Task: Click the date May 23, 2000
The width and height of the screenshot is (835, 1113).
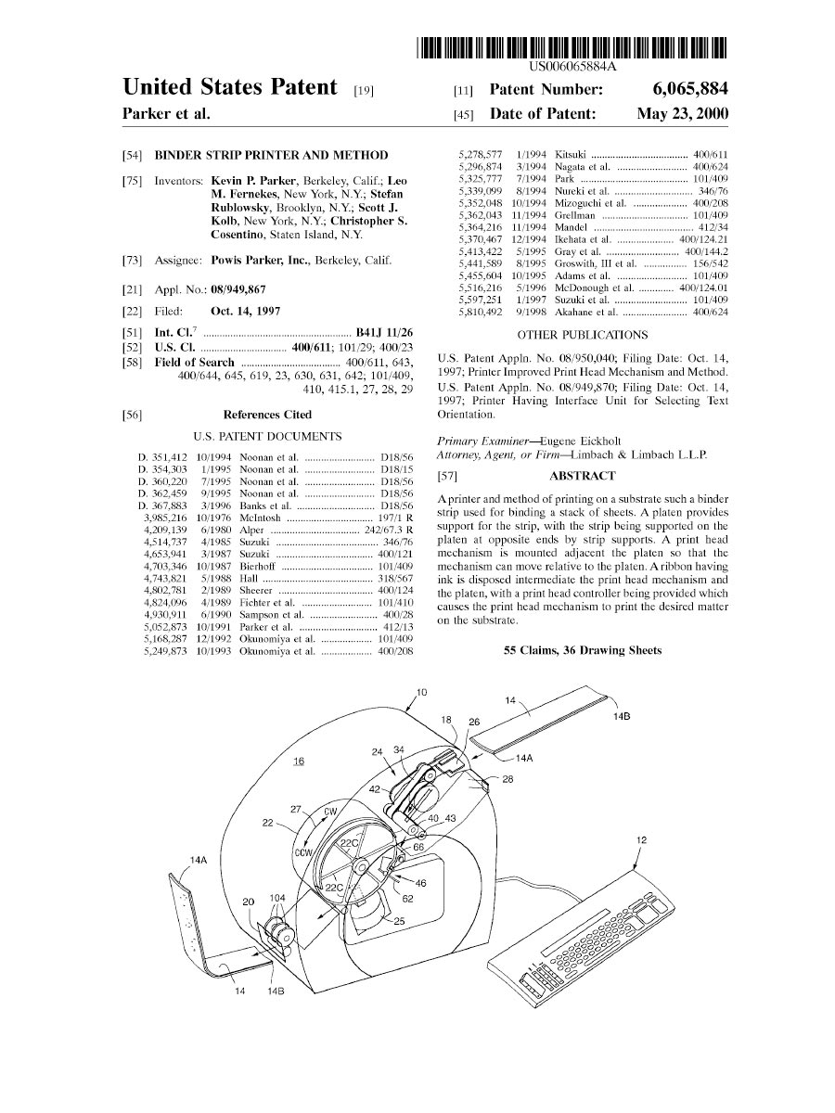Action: (682, 115)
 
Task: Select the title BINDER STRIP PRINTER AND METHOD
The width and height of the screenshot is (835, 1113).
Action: (271, 155)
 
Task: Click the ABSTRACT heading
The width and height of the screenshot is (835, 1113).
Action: (582, 476)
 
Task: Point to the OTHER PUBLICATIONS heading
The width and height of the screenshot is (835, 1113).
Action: (582, 335)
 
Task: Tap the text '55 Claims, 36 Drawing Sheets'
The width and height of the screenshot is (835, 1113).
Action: (582, 650)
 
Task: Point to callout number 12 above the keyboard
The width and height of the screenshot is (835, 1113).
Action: (640, 840)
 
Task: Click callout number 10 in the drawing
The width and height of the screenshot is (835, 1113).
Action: (421, 692)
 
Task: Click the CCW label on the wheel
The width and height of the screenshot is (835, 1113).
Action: (303, 852)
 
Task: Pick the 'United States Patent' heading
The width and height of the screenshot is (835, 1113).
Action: (230, 88)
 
